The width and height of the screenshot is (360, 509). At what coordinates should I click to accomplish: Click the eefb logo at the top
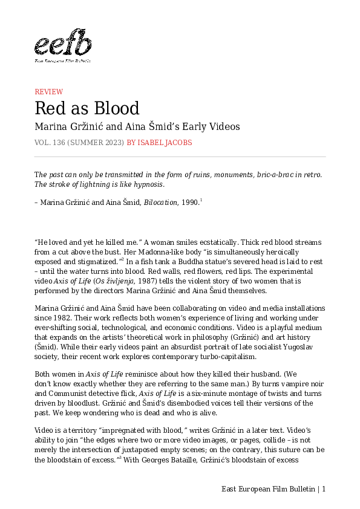(63, 46)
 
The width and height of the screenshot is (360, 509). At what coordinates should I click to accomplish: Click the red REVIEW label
(48, 92)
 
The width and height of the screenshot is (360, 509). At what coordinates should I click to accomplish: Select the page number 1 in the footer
(324, 489)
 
